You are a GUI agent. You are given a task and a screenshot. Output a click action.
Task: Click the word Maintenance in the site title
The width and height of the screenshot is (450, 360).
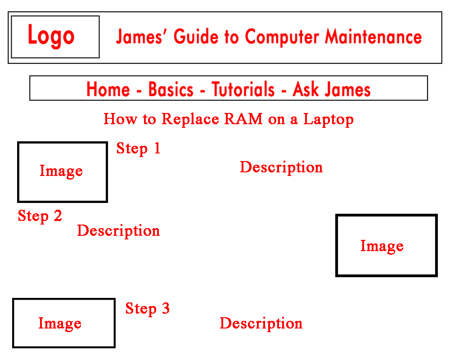(373, 37)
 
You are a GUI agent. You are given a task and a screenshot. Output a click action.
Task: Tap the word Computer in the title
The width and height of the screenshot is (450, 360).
(282, 37)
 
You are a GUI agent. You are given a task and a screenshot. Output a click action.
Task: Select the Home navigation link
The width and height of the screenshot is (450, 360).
(108, 89)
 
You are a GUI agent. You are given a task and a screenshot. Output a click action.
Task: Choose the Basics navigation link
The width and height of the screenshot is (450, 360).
(171, 89)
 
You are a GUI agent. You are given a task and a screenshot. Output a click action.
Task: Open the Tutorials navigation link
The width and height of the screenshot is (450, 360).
(243, 89)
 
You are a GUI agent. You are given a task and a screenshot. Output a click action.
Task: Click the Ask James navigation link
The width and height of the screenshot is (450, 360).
(332, 89)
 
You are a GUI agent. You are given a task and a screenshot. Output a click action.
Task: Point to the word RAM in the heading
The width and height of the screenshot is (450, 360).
(243, 118)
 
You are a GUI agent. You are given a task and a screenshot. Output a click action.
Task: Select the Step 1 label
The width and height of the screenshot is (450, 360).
(138, 148)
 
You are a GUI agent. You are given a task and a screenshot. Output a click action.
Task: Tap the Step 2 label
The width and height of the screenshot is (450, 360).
(40, 216)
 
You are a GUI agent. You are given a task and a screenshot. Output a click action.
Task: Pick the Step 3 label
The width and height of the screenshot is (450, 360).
(148, 309)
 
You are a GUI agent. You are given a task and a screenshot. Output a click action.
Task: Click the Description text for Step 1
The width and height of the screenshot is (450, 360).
(281, 167)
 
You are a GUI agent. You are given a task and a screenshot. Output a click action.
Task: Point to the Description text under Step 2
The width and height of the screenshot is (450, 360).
(118, 231)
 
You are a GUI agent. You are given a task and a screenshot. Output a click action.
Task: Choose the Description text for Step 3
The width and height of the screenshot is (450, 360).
(261, 324)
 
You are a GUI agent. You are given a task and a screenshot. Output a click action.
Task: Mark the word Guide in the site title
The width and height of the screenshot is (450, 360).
(196, 37)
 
